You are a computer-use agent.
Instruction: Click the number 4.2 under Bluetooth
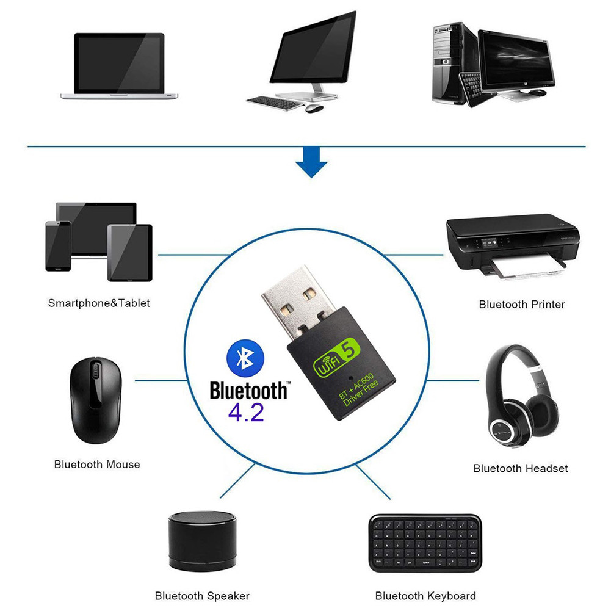pos(246,412)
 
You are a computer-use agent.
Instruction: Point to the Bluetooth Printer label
pos(522,304)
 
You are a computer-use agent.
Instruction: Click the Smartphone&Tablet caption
pos(99,303)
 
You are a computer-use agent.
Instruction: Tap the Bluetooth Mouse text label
pos(97,465)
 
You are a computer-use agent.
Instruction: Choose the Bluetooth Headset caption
pos(521,468)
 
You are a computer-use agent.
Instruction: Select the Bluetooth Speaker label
pos(202,596)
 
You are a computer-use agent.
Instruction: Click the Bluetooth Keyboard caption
pos(425,596)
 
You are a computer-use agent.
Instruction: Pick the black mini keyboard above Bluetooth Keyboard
pos(425,542)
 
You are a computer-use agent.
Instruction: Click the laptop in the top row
pos(119,66)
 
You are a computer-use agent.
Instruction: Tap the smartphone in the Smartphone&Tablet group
pos(59,245)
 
